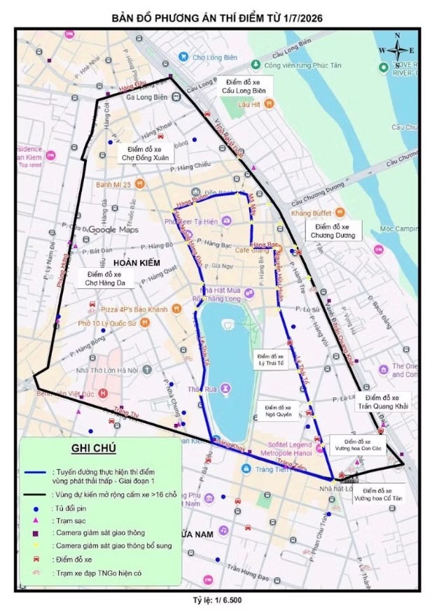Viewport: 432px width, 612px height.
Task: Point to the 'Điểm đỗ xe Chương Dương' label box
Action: [x=335, y=231]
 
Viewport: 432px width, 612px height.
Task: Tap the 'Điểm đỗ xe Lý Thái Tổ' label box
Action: [x=270, y=360]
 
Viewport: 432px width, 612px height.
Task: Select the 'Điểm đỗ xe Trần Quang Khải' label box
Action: [x=387, y=401]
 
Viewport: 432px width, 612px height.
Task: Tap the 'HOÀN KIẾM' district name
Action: [x=137, y=262]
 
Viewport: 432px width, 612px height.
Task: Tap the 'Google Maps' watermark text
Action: [x=113, y=229]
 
